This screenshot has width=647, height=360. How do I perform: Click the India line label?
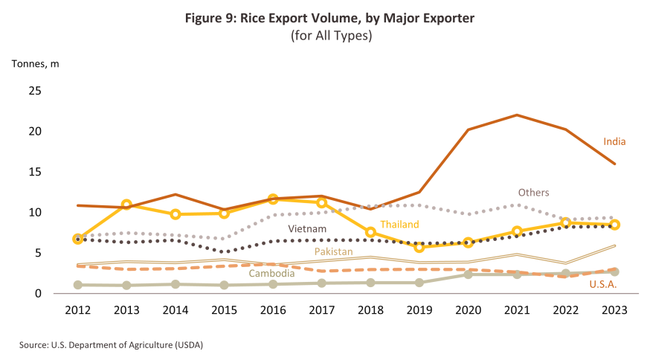click(x=614, y=141)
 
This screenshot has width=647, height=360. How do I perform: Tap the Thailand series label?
click(x=400, y=224)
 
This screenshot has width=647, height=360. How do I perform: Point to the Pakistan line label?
click(x=333, y=251)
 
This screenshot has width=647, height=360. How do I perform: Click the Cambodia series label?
click(x=271, y=273)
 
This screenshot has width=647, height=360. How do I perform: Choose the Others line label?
click(x=534, y=192)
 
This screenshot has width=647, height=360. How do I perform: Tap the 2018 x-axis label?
click(x=370, y=312)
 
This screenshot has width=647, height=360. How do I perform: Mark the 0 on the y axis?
click(x=37, y=294)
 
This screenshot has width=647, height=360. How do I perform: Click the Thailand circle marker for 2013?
click(x=126, y=205)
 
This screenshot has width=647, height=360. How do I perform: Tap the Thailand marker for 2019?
click(x=419, y=247)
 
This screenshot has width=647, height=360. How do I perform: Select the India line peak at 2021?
click(x=517, y=115)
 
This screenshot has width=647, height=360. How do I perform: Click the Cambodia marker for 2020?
click(x=469, y=274)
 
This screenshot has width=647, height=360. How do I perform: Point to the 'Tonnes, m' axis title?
click(x=35, y=63)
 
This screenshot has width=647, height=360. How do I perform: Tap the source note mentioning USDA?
click(x=106, y=345)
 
